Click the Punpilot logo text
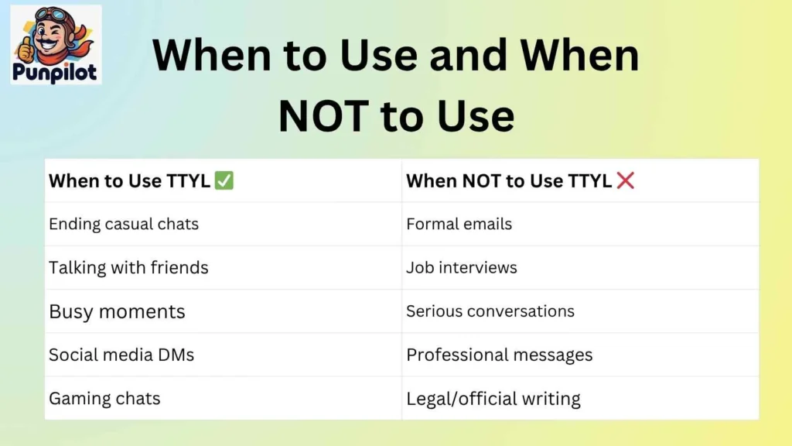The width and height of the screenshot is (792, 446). coord(56,73)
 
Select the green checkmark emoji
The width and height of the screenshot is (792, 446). coord(225,181)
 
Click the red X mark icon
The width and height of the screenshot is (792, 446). coord(626,181)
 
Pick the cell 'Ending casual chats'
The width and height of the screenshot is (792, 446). coord(124,225)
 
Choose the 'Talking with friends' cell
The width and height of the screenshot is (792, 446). coord(128,268)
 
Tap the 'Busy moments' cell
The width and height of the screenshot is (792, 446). coord(117,311)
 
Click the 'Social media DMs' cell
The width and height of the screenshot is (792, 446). coord(121,355)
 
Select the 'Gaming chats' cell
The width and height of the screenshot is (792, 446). coord(104,399)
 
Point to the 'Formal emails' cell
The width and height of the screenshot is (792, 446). coord(459,225)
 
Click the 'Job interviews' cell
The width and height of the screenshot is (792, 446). coord(462,268)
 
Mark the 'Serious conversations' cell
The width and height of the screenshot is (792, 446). coord(490,311)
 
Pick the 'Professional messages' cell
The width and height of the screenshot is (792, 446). coord(500,355)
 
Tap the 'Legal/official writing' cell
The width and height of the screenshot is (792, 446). coord(493,399)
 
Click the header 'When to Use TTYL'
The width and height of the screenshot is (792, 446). coord(129,181)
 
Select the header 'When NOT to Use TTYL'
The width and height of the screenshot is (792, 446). coord(509,181)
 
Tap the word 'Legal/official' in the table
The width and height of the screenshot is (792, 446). coord(460,399)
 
